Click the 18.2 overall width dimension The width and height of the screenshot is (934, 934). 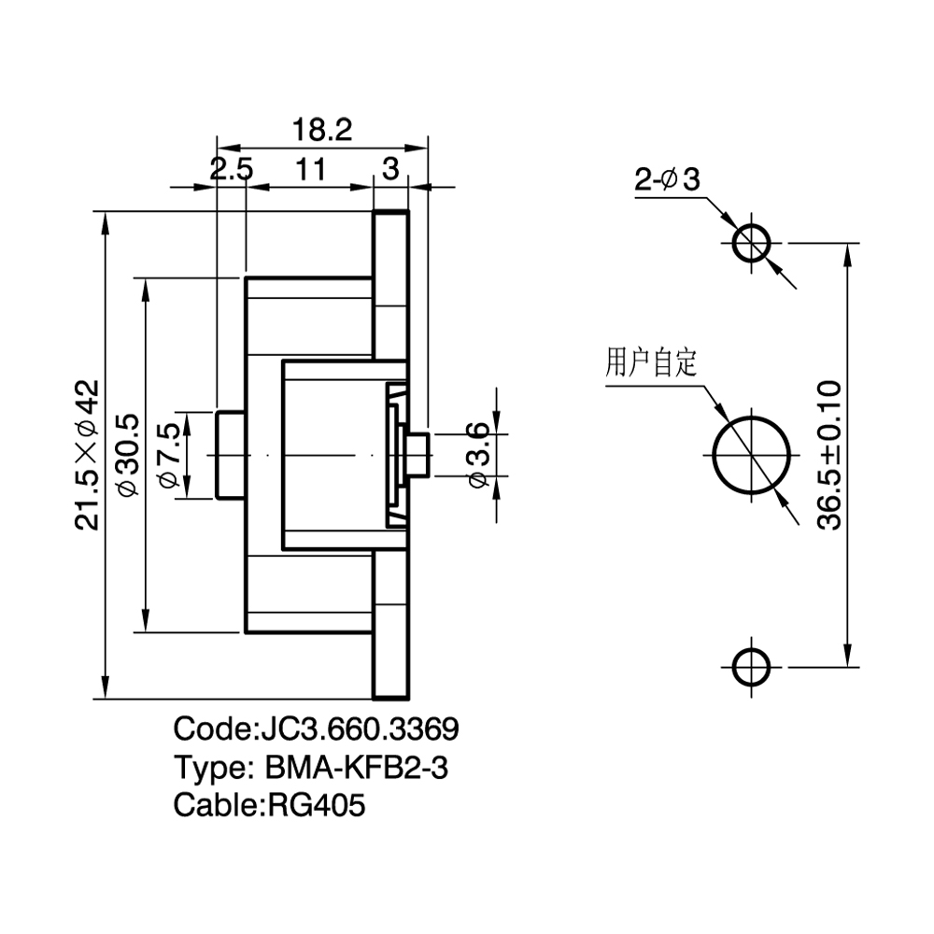322,130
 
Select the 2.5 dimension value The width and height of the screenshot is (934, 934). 231,169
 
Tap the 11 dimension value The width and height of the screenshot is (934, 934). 310,169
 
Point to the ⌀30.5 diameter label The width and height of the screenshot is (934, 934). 129,455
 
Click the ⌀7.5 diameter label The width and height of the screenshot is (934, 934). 168,455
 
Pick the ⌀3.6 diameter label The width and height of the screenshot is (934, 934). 477,455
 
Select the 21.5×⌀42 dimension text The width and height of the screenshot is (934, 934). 87,455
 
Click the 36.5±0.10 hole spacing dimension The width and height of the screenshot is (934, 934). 829,455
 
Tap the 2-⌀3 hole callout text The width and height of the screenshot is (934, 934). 667,178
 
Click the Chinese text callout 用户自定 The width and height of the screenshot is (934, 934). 651,362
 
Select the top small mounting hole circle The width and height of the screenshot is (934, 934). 751,243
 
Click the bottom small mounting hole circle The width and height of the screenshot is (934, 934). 751,667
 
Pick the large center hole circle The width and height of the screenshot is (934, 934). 751,455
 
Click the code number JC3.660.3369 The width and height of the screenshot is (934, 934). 360,729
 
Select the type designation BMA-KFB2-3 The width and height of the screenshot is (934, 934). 356,767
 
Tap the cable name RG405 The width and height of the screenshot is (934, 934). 317,805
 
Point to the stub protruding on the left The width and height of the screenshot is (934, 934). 231,455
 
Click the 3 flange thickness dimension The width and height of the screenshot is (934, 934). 390,169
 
